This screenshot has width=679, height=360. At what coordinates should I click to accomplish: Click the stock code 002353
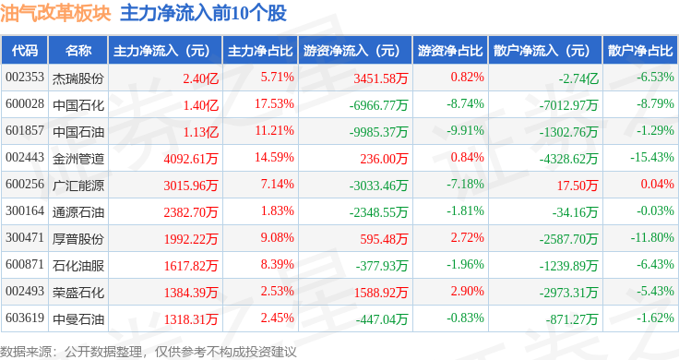coord(25,78)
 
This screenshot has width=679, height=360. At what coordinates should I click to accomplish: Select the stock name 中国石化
coord(78,105)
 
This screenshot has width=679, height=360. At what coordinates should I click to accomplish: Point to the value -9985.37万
coord(378,132)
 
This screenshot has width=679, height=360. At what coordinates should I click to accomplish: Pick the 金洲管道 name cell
coord(78,159)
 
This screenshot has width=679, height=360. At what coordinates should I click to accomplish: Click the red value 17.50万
coord(578,186)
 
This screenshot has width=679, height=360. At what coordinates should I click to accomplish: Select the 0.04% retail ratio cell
coord(658,184)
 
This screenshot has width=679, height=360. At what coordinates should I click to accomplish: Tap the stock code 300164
coord(25,211)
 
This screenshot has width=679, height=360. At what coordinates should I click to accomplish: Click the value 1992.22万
coord(191,239)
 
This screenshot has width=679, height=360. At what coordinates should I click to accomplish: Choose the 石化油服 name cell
coord(78,266)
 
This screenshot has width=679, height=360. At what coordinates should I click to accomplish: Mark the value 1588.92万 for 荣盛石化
coord(381,293)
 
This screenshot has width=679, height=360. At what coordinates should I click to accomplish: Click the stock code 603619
coord(25,318)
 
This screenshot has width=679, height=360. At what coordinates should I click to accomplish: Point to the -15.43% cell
coord(652,157)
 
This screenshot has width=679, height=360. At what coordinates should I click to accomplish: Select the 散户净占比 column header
coord(640,51)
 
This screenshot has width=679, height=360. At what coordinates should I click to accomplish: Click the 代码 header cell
coord(25,51)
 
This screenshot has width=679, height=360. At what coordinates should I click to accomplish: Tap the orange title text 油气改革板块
coord(55,13)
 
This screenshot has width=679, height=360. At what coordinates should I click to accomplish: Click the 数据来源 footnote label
coord(26,352)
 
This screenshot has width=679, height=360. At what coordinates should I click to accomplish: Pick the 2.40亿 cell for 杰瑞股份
coord(200,78)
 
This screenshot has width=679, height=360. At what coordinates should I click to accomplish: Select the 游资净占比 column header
coord(450,51)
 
